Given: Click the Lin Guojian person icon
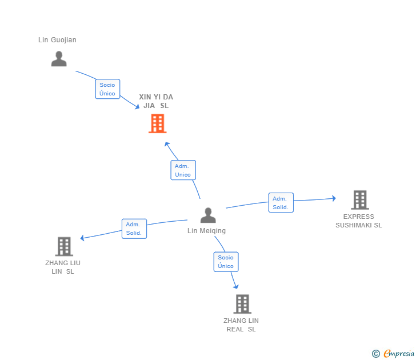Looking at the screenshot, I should point(59,58).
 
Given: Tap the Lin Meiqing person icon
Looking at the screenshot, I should point(208,215).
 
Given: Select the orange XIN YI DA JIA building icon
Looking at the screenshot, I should point(157,123).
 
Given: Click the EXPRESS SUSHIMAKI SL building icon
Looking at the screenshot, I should point(359,200).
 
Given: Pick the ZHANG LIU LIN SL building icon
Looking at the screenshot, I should point(64,246).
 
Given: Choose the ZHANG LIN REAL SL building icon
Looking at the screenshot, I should point(242,304).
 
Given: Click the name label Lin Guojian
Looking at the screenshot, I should point(57,40).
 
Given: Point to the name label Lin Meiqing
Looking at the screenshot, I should point(207,231).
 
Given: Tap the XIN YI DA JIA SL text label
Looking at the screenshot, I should point(156,101).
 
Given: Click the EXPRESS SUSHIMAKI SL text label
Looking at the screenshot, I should point(359,221).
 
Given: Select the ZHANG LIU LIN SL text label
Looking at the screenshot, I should point(63,267).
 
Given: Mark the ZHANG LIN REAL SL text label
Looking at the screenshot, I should point(241,325).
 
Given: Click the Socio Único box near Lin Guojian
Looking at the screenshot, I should point(107,89).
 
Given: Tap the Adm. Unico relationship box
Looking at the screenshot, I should point(183,170).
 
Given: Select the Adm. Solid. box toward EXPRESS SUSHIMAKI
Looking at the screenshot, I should point(281,203).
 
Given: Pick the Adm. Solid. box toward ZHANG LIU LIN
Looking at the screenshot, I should point(134,229).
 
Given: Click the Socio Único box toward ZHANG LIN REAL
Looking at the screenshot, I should point(226,262).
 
